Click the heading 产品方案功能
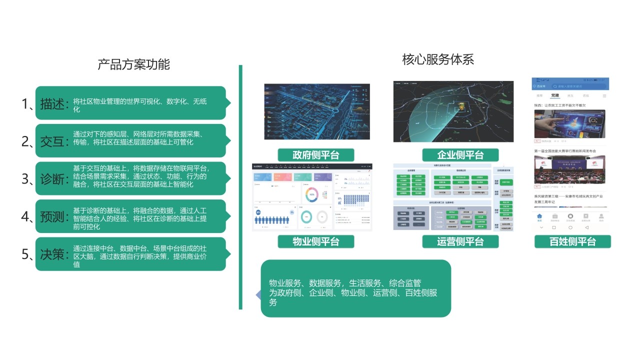click(133, 64)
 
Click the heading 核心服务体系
click(437, 59)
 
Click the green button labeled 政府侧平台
click(316, 154)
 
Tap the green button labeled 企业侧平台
click(460, 154)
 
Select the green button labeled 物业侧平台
click(316, 242)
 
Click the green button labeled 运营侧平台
click(460, 242)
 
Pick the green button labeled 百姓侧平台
click(572, 242)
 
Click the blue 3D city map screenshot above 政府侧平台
click(317, 111)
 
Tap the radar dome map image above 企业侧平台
click(453, 111)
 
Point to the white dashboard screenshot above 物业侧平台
click(312, 197)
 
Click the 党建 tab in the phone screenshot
click(555, 95)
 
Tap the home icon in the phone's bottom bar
click(539, 216)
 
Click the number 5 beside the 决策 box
click(25, 254)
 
